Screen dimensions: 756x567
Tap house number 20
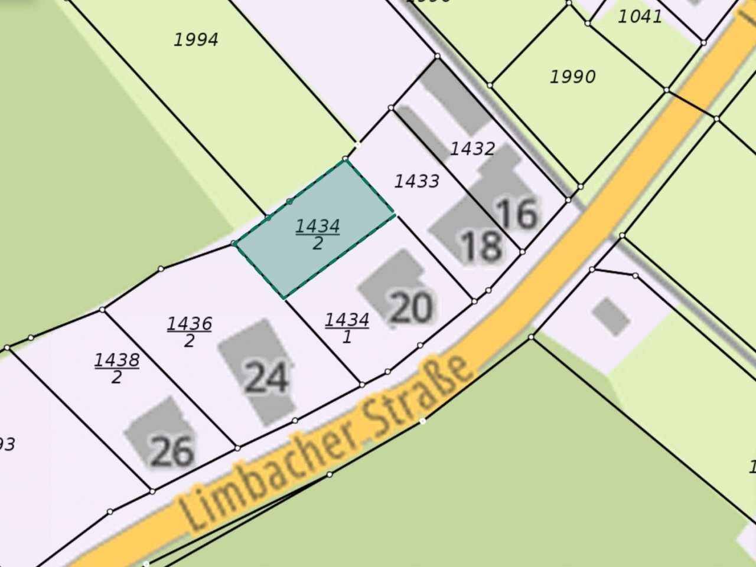point(412,307)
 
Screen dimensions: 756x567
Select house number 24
point(266,378)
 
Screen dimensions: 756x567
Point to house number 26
point(172,451)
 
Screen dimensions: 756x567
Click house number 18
point(481,246)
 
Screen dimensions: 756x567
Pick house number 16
point(517,214)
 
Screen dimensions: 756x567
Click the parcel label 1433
point(416,181)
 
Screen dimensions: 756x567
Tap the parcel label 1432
point(472,149)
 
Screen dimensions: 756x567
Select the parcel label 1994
point(196,40)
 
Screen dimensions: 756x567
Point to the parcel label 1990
point(572,77)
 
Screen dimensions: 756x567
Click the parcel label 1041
point(640,17)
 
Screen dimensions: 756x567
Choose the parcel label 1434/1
point(347,327)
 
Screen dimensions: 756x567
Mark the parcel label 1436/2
point(189,332)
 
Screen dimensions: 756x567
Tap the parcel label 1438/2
point(117,368)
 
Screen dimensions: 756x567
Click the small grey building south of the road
point(611,317)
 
